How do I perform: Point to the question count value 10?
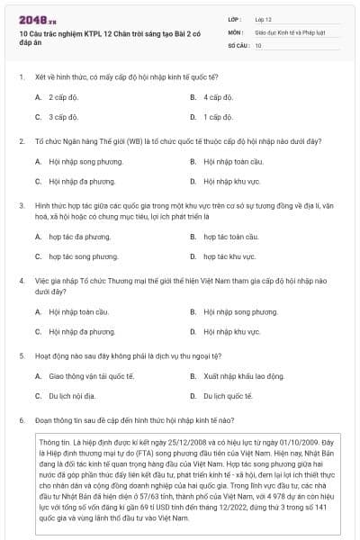tap(258, 44)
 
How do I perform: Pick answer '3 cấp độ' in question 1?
tap(62, 116)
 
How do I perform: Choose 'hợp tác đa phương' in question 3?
tap(73, 237)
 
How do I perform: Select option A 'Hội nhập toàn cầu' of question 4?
tap(72, 311)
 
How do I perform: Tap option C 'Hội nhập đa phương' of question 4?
tap(75, 331)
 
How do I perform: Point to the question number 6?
tap(21, 420)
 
